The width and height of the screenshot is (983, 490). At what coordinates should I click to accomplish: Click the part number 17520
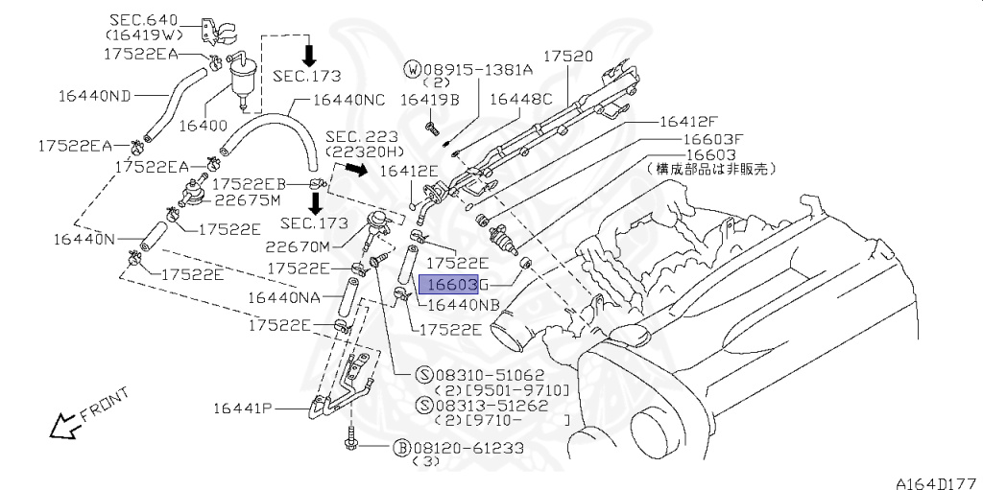point(569,57)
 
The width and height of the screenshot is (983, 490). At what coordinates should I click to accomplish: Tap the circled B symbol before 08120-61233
point(403,447)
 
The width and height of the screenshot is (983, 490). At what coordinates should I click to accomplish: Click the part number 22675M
point(247,199)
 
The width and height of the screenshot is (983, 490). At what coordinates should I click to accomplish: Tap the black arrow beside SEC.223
point(355,171)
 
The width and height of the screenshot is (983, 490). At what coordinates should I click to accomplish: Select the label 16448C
point(521,99)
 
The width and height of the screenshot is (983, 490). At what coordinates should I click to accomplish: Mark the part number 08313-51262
point(489,405)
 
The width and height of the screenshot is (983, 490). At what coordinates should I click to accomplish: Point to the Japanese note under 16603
point(710,169)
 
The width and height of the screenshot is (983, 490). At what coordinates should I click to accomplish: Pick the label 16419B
point(429,99)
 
